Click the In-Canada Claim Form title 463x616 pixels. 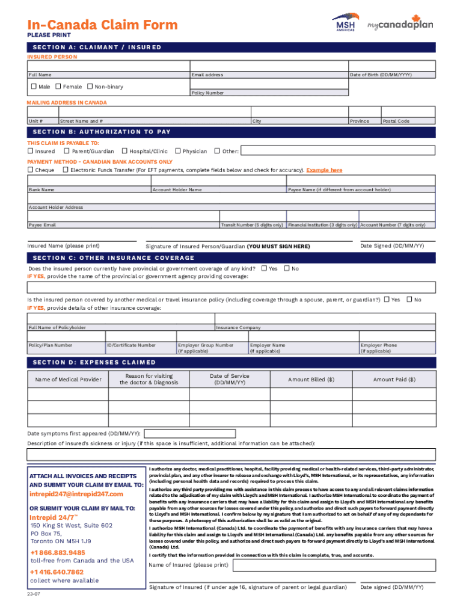[102, 25]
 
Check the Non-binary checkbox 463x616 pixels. [90, 87]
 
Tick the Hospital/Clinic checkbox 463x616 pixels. [124, 151]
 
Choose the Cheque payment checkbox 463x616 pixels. [30, 170]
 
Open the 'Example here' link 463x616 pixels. [324, 170]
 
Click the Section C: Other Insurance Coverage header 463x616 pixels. [114, 257]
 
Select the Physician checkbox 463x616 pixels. [177, 151]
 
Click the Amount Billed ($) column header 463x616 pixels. [311, 380]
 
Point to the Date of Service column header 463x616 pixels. [229, 380]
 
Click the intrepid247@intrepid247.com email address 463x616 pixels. [76, 494]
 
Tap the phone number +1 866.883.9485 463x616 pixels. [58, 552]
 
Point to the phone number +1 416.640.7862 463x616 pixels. [57, 572]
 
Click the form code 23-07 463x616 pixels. [34, 594]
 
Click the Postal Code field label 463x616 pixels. [396, 121]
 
